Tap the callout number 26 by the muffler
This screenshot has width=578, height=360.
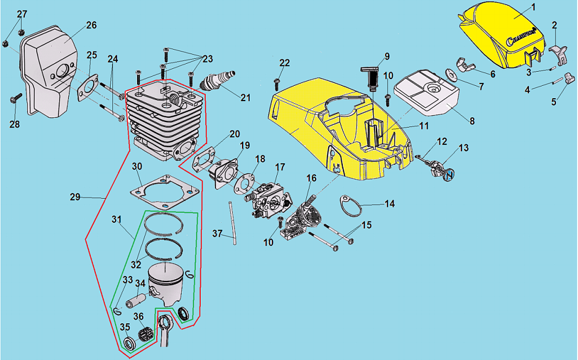coord(91,25)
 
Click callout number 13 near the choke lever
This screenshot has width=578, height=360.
coord(463,148)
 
